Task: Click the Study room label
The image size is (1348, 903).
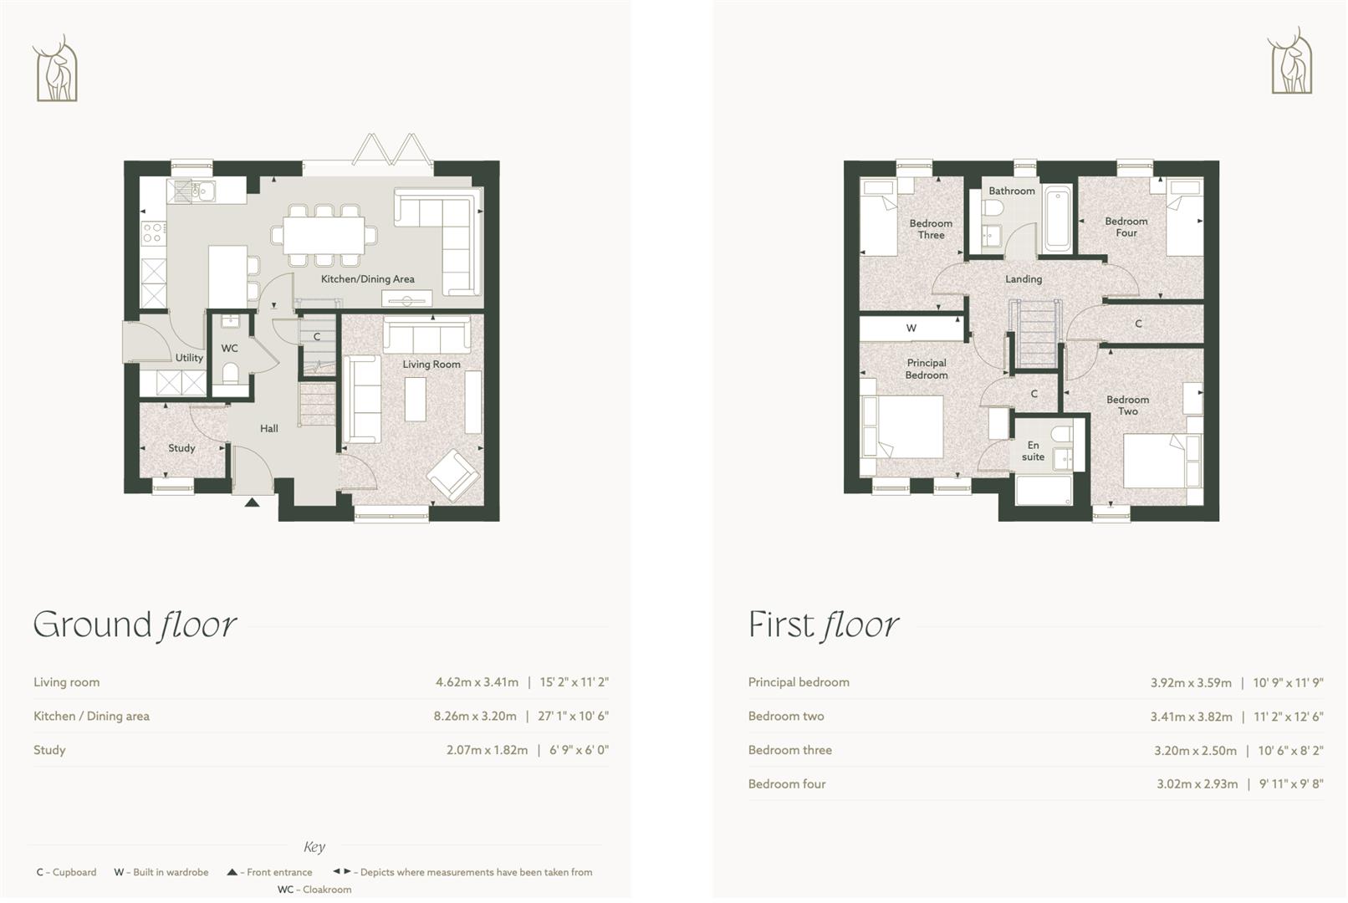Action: tap(181, 448)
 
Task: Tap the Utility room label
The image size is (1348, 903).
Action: tap(189, 358)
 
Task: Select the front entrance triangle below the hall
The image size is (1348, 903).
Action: tap(252, 503)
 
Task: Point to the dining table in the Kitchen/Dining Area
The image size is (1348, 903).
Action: tap(324, 235)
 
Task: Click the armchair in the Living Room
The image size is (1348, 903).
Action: tap(452, 476)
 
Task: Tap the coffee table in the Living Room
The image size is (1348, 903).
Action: tap(416, 400)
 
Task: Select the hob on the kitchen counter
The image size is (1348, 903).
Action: tap(152, 233)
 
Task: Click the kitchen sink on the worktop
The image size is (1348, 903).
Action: tap(191, 192)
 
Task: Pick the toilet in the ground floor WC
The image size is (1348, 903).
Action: tap(231, 373)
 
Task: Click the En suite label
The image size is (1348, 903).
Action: tap(1033, 451)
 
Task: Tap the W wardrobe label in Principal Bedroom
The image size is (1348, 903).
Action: tap(911, 329)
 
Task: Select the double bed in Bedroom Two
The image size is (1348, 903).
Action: tap(1155, 461)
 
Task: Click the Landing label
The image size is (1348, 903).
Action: tap(1024, 279)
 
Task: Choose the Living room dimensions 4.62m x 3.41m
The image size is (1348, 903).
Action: tap(477, 682)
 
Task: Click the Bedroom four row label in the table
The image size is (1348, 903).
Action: tap(787, 784)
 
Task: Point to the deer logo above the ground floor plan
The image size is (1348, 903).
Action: tap(56, 69)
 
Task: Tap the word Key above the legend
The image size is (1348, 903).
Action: tap(314, 847)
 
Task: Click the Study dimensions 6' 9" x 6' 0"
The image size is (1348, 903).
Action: tap(579, 750)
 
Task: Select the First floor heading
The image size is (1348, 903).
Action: tap(823, 625)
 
